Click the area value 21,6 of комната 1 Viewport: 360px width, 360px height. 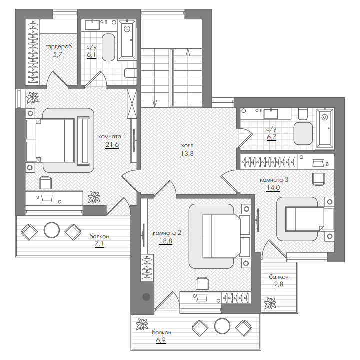[112, 145]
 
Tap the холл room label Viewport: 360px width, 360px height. [187, 146]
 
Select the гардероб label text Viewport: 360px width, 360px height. [59, 47]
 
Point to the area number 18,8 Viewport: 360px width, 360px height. [165, 241]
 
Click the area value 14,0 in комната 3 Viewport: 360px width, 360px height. [273, 188]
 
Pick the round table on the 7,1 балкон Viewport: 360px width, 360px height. [52, 230]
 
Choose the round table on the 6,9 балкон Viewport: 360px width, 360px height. [222, 326]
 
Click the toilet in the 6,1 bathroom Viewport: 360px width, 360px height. [130, 73]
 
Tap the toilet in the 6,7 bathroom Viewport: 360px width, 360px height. [303, 114]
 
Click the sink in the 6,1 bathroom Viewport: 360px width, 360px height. [92, 25]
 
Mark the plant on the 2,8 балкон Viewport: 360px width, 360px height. [270, 303]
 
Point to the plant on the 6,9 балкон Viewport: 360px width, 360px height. [142, 325]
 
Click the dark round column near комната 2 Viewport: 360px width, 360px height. [146, 297]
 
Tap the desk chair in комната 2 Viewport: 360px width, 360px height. [202, 283]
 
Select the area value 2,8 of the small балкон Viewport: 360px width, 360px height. [279, 284]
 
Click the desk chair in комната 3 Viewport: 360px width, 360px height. [319, 179]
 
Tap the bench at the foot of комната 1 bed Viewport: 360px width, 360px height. [83, 141]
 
